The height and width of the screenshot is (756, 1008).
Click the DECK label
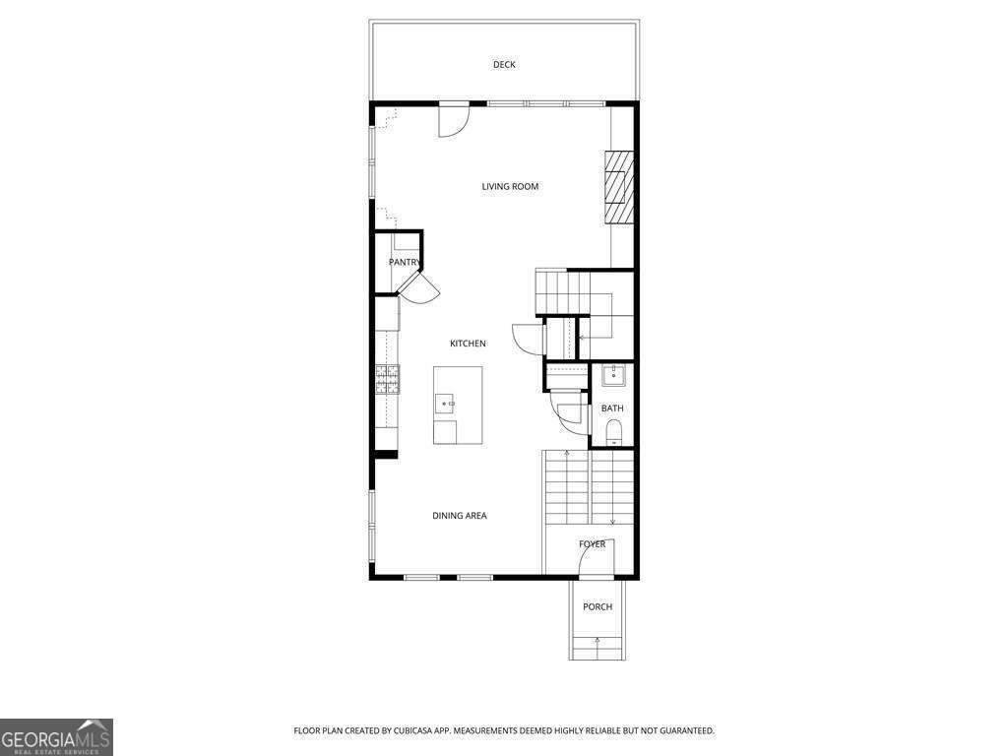pyautogui.click(x=504, y=65)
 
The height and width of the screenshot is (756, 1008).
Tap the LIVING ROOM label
pyautogui.click(x=510, y=186)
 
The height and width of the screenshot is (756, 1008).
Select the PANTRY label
pyautogui.click(x=404, y=262)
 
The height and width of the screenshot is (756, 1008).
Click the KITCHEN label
pyautogui.click(x=468, y=344)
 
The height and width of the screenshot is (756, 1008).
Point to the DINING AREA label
pyautogui.click(x=460, y=516)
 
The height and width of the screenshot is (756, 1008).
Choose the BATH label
pyautogui.click(x=612, y=409)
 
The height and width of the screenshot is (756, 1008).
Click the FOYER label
pyautogui.click(x=592, y=544)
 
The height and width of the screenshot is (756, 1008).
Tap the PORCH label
pyautogui.click(x=598, y=607)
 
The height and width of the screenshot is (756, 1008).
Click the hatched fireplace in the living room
pyautogui.click(x=619, y=187)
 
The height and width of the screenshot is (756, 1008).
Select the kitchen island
pyautogui.click(x=458, y=405)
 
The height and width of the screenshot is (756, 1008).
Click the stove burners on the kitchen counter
pyautogui.click(x=387, y=379)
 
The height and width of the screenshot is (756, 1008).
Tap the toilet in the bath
pyautogui.click(x=613, y=430)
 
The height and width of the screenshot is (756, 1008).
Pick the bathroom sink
pyautogui.click(x=613, y=375)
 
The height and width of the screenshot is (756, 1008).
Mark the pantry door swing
pyautogui.click(x=420, y=287)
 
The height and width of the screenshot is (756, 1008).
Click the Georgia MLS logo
pyautogui.click(x=56, y=736)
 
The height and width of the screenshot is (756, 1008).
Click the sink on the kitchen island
pyautogui.click(x=446, y=404)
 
